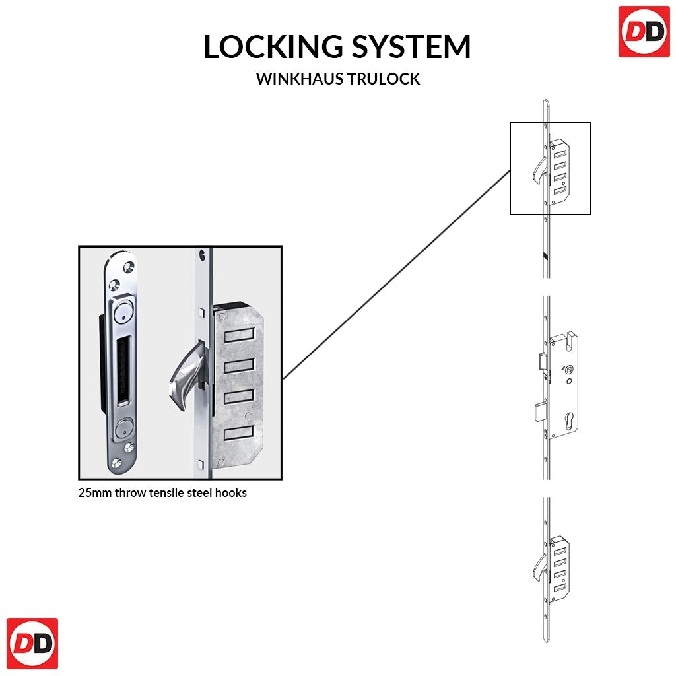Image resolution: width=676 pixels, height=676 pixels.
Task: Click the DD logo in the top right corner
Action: pos(644,32)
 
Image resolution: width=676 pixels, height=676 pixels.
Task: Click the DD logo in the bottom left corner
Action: pos(32,644)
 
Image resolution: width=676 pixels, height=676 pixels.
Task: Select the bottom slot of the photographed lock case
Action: pos(239,434)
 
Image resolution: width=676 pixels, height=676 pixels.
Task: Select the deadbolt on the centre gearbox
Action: pos(537,410)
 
